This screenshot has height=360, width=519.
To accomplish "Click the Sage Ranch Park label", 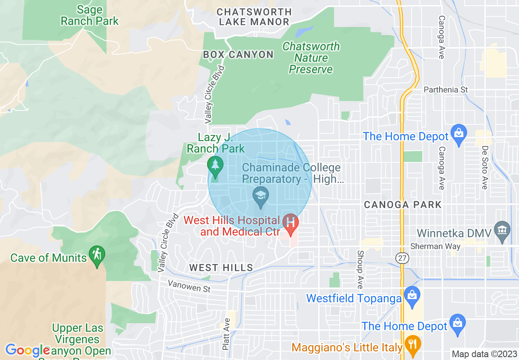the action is tap(90, 15).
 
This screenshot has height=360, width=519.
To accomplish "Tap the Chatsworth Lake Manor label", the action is tap(254, 17).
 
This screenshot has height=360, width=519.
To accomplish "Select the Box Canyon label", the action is tap(238, 54).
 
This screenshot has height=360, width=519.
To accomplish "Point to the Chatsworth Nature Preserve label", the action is tap(311, 58).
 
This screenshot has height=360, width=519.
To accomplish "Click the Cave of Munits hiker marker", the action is tap(97, 255).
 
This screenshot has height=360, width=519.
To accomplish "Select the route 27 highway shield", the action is tap(402, 258).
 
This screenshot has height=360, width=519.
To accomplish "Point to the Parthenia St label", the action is tap(446, 90).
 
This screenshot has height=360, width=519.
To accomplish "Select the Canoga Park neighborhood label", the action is tap(403, 205).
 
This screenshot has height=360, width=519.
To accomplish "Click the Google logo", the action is tap(27, 351).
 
